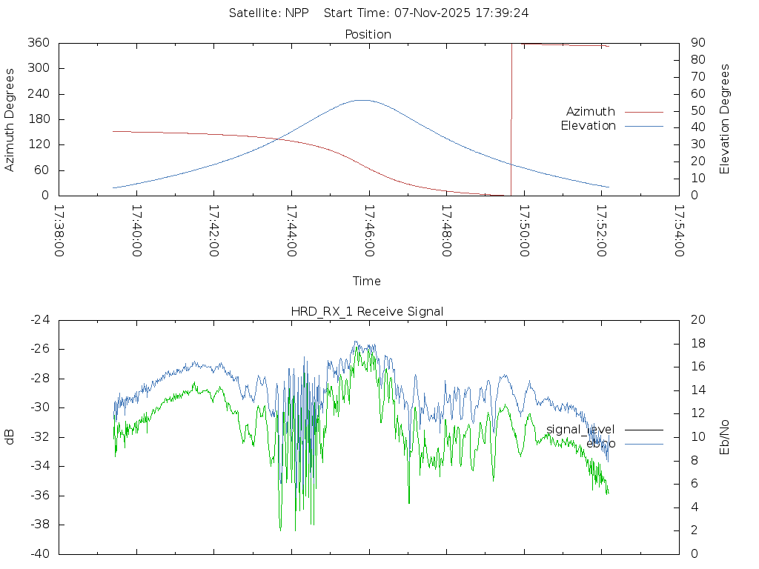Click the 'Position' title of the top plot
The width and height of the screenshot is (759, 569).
click(x=368, y=34)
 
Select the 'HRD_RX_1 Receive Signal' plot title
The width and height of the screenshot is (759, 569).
click(x=367, y=311)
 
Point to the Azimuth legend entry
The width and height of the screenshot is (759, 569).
click(x=591, y=111)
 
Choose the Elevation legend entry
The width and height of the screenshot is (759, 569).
click(x=588, y=126)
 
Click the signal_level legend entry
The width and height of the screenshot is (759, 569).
click(x=580, y=430)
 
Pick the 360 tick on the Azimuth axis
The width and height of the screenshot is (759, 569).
click(x=37, y=43)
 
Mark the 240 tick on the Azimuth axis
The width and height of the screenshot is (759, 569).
click(x=37, y=94)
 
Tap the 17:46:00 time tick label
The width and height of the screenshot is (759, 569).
click(x=368, y=230)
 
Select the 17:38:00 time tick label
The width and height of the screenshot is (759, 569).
click(x=59, y=230)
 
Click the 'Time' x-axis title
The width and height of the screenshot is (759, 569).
click(x=367, y=281)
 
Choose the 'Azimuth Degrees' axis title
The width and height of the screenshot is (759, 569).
click(x=10, y=119)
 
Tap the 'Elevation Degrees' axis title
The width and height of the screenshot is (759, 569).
click(x=725, y=119)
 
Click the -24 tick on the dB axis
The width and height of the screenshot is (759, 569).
click(x=40, y=320)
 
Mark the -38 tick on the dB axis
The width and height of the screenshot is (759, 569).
click(x=40, y=525)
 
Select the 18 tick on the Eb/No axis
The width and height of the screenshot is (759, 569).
click(x=696, y=344)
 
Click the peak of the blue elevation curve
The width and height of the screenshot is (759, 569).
click(x=362, y=100)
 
